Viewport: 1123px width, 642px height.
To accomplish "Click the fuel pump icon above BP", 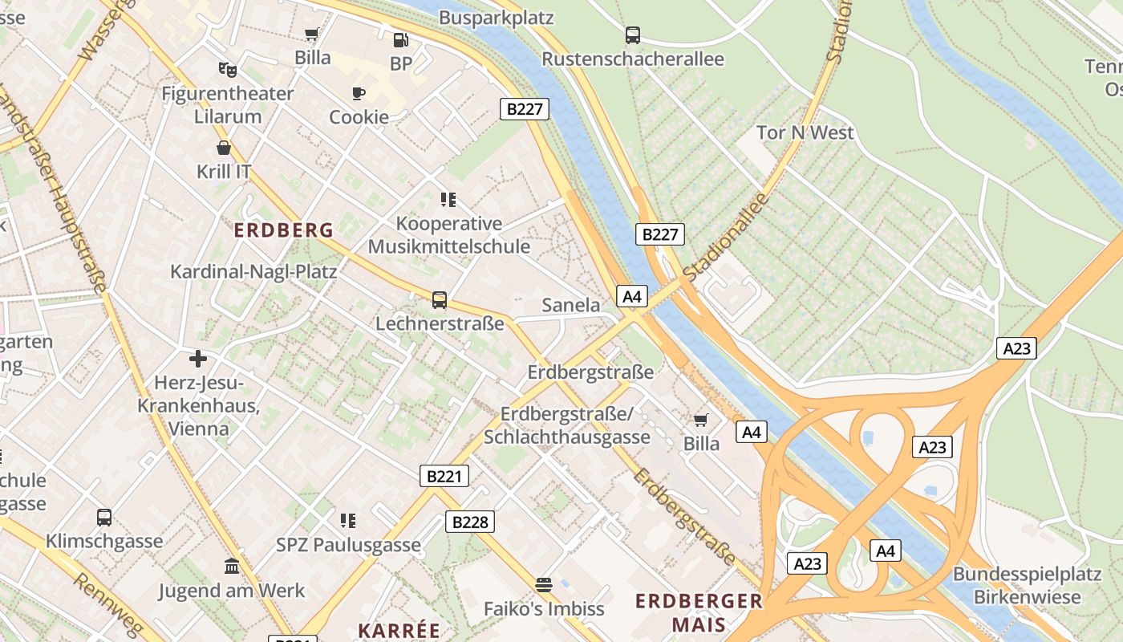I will coord(400,39).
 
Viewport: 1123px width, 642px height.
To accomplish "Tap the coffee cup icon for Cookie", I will coord(358,93).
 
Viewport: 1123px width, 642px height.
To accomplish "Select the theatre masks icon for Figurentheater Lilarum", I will coord(227,70).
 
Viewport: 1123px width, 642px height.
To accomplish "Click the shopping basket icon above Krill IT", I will coord(224,148).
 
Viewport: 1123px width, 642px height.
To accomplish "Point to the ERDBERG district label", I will coord(283,230).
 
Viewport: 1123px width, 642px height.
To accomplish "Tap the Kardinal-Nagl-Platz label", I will coord(253,271).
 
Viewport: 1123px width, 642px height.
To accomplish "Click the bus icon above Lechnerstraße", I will coord(440,300).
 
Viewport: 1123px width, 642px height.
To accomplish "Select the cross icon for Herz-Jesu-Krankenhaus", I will coord(198,358).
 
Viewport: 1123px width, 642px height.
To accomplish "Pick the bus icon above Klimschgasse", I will coord(104,518).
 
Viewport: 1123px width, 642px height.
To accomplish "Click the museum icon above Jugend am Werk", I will coord(232,567).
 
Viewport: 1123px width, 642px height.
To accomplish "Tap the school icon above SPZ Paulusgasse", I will coord(348,521).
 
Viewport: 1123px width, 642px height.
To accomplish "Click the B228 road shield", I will coord(470,522).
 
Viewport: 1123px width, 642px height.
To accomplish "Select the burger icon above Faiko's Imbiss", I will coord(544,584).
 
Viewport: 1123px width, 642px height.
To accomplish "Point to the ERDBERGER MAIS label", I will coord(699,612).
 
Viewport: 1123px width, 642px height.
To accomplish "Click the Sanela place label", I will coord(571,305).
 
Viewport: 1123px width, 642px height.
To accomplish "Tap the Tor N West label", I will coord(805,132).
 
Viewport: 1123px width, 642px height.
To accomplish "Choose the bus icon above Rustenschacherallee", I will coord(633,35).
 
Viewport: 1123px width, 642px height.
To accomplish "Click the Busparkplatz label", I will coord(497,18).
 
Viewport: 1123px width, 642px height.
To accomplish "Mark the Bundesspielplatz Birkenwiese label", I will coord(1027,586).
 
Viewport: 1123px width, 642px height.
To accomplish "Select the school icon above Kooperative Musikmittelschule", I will coord(448,199).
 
